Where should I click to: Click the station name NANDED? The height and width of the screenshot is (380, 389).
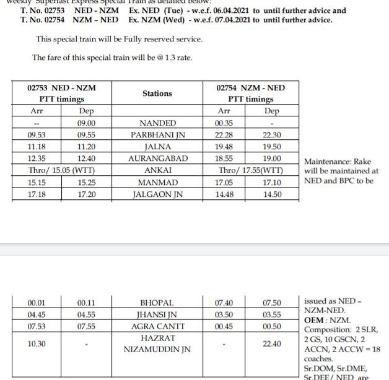(x=157, y=123)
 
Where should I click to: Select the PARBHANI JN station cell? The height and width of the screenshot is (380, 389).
(x=157, y=135)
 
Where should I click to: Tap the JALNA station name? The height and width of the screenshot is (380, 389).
(x=157, y=147)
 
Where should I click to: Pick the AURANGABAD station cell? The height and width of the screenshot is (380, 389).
(x=157, y=158)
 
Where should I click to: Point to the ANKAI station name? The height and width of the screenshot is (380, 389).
(x=157, y=170)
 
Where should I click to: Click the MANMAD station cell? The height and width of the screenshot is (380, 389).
(x=157, y=183)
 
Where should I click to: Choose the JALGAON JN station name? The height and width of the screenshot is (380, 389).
(x=157, y=194)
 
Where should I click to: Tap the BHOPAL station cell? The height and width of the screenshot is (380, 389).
(x=157, y=303)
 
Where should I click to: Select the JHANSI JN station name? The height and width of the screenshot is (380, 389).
(x=157, y=314)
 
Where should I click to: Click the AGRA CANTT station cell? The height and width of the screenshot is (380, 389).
(x=157, y=326)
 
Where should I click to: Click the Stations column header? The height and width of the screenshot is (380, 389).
(x=157, y=93)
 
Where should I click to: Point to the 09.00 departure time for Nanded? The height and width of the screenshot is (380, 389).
(x=86, y=123)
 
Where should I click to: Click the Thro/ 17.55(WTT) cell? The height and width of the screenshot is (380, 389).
(x=251, y=170)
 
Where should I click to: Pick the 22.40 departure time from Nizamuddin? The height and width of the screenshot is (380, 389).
(x=272, y=344)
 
